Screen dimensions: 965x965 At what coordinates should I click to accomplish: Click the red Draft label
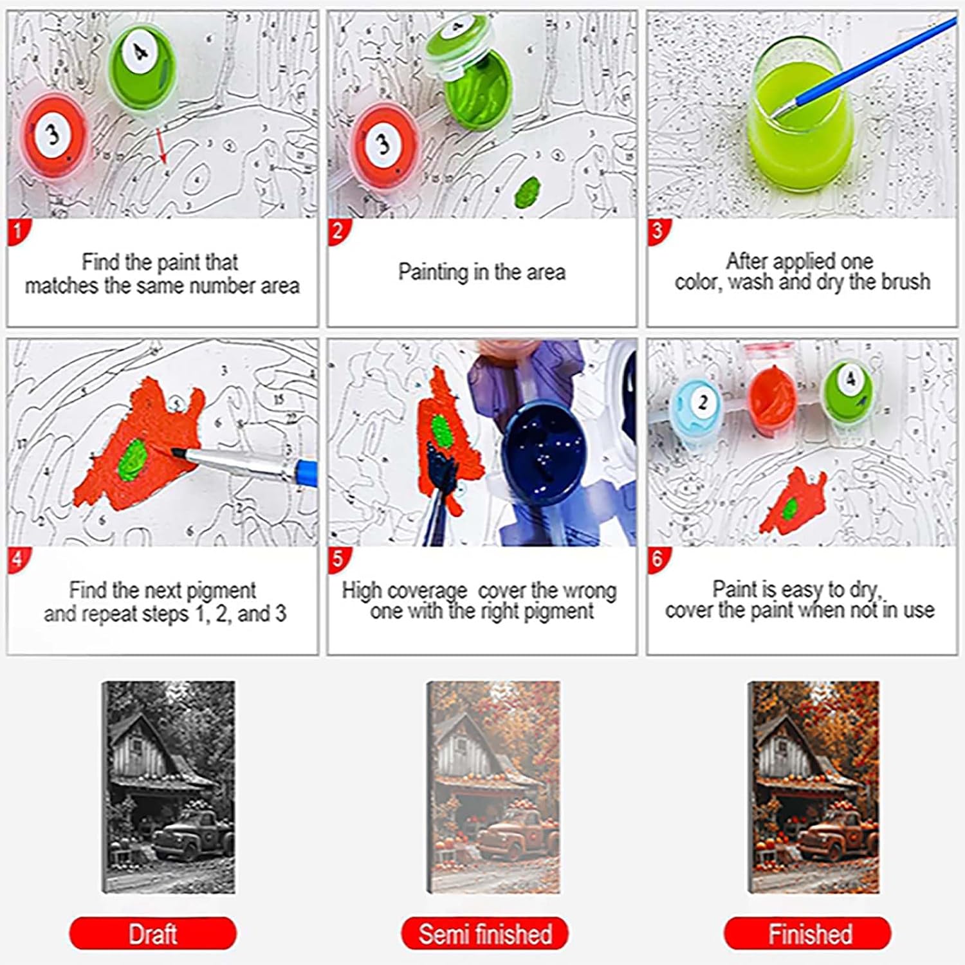152,933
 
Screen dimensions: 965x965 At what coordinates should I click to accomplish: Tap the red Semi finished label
484,933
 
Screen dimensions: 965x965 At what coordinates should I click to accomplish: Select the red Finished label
807,933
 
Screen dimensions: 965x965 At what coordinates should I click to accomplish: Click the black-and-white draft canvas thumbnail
169,787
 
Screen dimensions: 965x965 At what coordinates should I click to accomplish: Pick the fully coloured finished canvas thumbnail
813,787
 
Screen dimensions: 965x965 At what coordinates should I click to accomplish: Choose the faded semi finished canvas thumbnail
493,787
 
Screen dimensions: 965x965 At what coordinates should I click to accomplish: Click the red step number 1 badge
18,231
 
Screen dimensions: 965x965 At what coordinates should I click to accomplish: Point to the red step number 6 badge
657,558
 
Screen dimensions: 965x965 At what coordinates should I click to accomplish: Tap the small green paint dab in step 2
529,190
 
